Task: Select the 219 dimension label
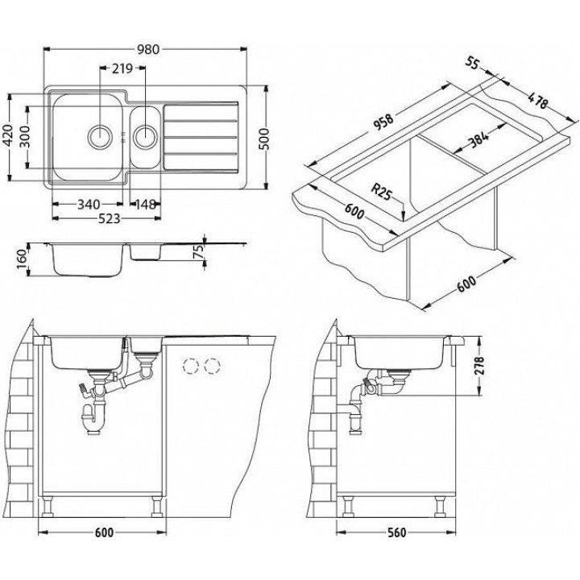point(122,69)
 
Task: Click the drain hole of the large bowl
point(101,135)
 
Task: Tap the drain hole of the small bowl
point(146,134)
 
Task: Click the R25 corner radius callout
point(383,193)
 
